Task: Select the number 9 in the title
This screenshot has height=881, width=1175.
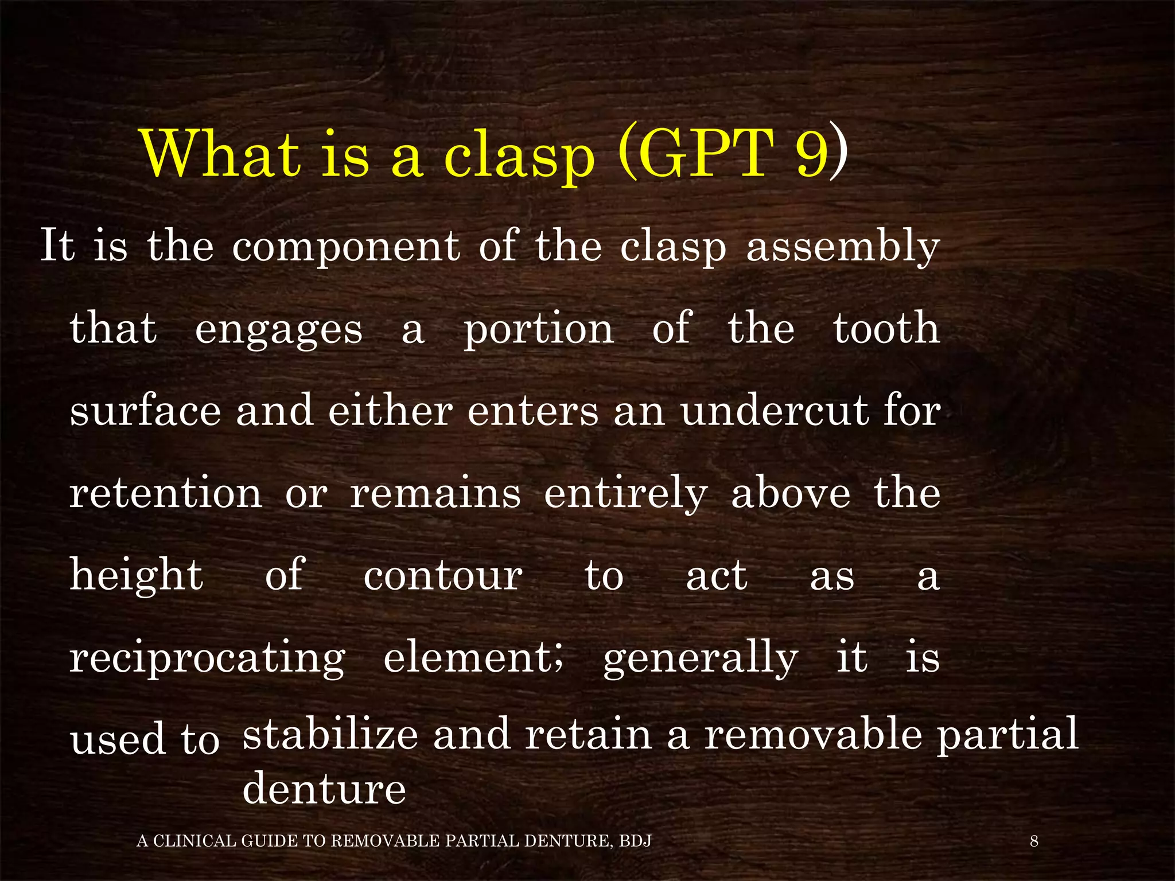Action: pyautogui.click(x=812, y=154)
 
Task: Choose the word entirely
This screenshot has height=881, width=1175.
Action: pyautogui.click(x=625, y=494)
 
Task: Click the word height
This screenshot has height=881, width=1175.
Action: pyautogui.click(x=137, y=576)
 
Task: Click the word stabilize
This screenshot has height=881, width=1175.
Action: pyautogui.click(x=330, y=734)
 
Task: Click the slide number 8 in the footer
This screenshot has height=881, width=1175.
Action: pyautogui.click(x=1034, y=841)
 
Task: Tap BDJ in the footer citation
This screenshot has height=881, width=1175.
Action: pyautogui.click(x=635, y=841)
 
